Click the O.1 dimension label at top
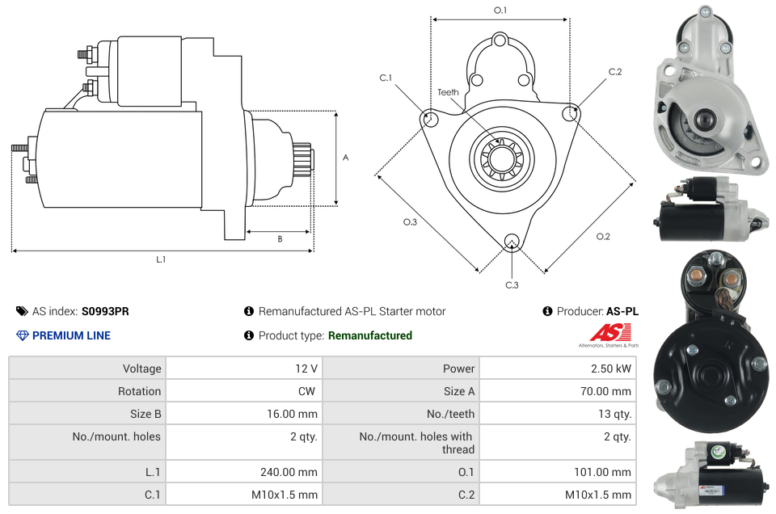pyautogui.click(x=500, y=11)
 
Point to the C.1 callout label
pyautogui.click(x=386, y=78)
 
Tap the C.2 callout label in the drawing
pyautogui.click(x=615, y=72)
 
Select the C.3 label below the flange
pyautogui.click(x=512, y=284)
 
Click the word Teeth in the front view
pyautogui.click(x=448, y=92)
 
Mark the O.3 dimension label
pyautogui.click(x=410, y=222)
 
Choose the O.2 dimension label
pyautogui.click(x=603, y=236)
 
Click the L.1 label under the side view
pyautogui.click(x=161, y=259)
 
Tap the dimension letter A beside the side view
pyautogui.click(x=345, y=158)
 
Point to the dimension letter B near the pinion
pyautogui.click(x=280, y=239)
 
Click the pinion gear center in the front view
pyautogui.click(x=500, y=158)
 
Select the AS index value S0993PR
pyautogui.click(x=105, y=311)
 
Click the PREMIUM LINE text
pyautogui.click(x=71, y=335)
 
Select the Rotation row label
pyautogui.click(x=139, y=391)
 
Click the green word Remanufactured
pyautogui.click(x=370, y=335)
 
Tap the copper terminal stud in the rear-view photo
pyautogui.click(x=730, y=279)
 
